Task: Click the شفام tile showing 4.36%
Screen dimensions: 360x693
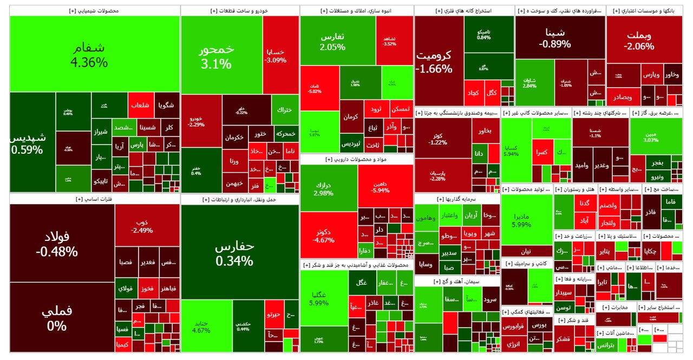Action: click(95, 54)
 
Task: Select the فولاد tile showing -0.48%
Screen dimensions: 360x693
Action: click(62, 244)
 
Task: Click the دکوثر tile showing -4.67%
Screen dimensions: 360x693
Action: click(328, 235)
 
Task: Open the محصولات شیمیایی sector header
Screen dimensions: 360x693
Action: click(95, 10)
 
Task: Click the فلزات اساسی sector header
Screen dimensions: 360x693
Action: click(95, 199)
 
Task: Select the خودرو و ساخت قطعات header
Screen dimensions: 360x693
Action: click(239, 10)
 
